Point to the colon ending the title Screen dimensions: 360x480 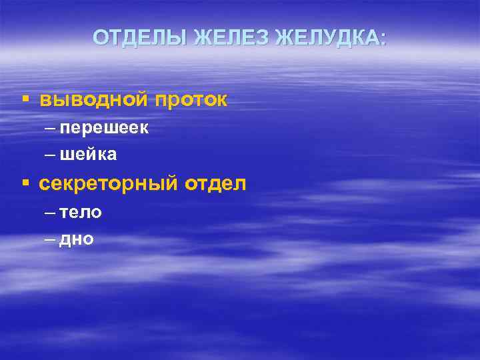click(383, 39)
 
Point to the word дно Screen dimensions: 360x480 click(77, 239)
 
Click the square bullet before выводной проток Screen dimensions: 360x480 click(25, 99)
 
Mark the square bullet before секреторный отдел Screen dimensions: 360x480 click(25, 182)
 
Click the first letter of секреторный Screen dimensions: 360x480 click(44, 184)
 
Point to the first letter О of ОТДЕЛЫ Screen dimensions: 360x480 click(99, 37)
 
